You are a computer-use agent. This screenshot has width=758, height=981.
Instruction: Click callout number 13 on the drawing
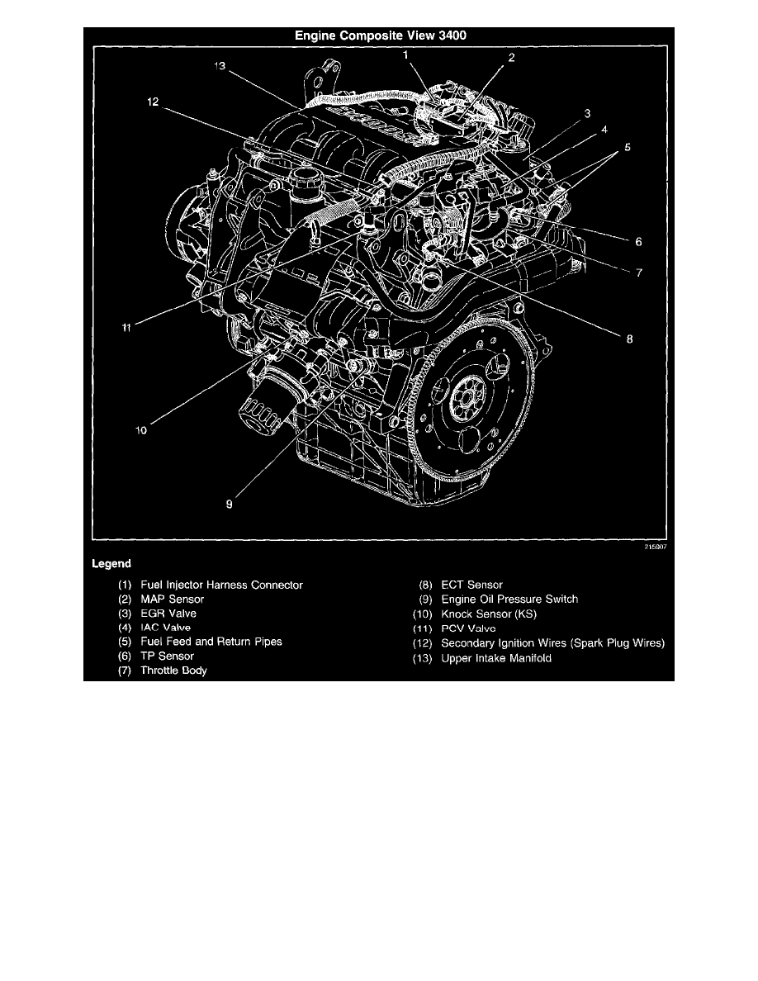(220, 69)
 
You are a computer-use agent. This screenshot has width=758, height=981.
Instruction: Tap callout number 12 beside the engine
(153, 102)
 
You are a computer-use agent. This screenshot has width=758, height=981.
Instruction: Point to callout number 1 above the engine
(405, 54)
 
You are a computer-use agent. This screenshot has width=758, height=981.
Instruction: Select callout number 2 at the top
(512, 58)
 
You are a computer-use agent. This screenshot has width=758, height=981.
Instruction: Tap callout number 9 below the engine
(230, 501)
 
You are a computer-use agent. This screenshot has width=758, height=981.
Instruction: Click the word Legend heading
(111, 564)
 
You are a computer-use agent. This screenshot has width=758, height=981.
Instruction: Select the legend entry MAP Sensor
(172, 599)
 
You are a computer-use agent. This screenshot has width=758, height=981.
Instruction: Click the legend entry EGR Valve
(168, 614)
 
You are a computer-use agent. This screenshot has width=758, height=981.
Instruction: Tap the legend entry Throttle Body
(173, 671)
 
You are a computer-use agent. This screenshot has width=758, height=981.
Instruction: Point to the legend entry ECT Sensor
(471, 585)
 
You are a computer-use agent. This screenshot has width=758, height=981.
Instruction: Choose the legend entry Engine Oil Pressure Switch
(509, 599)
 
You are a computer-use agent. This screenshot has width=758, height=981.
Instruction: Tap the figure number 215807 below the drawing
(654, 546)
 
